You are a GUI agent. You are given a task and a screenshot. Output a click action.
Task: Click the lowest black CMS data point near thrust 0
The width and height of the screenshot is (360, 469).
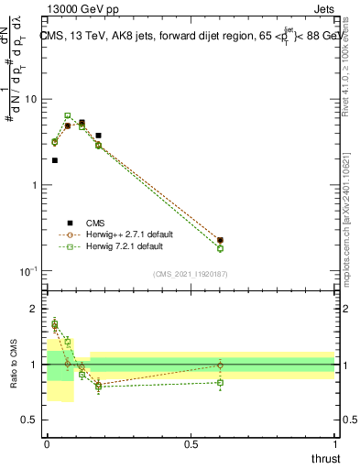click(54, 160)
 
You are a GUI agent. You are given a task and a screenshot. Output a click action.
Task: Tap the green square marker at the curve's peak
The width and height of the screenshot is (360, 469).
click(68, 115)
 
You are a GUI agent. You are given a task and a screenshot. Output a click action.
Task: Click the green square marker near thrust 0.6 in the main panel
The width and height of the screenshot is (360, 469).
click(220, 248)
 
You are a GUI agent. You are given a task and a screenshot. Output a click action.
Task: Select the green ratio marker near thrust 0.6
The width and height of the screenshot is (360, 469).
click(220, 382)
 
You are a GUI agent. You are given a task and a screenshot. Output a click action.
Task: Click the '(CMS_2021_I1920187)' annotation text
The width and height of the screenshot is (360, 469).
click(191, 274)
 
